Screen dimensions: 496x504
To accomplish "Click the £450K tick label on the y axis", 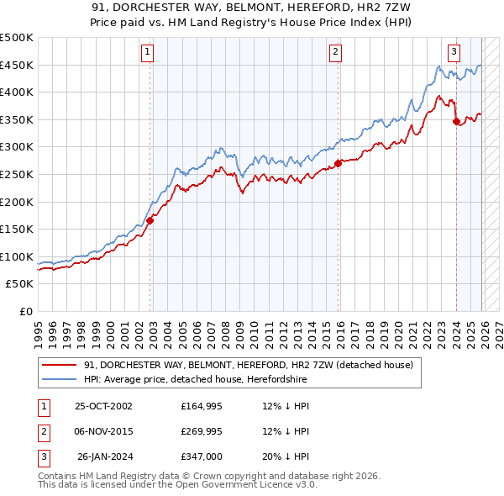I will tap(17, 65).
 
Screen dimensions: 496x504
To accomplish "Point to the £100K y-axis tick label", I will tap(17, 256).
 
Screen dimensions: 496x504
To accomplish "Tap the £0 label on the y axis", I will tap(25, 311).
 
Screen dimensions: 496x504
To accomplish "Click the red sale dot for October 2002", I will tap(150, 221).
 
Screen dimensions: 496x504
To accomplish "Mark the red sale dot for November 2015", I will tap(338, 163).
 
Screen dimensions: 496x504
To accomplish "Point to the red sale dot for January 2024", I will tap(456, 121).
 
